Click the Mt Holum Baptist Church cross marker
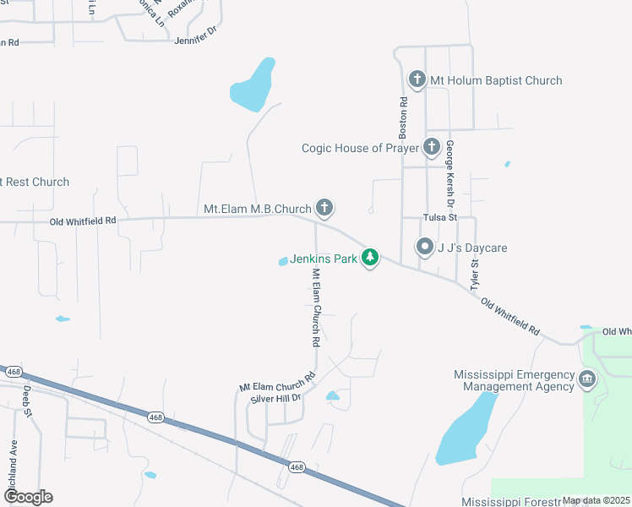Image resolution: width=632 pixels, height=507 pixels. coord(417,80)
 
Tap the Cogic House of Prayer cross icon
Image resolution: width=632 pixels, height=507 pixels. coord(432,148)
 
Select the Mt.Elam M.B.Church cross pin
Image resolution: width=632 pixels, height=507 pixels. coord(324,208)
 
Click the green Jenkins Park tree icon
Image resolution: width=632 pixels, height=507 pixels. coord(369,258)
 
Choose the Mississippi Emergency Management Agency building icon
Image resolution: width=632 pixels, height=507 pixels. coord(587,380)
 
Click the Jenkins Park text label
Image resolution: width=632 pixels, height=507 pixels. coord(324,259)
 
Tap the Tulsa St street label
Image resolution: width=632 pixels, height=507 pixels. coord(440,217)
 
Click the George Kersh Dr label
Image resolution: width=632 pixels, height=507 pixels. coord(450,173)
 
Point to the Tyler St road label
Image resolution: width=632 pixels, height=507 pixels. coord(474,275)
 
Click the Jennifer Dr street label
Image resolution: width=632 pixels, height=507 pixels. coord(196,40)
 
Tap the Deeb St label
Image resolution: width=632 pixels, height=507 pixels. coord(27,401)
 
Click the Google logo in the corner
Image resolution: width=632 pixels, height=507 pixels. coord(27,497)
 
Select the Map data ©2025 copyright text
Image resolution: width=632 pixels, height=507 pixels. coord(595,500)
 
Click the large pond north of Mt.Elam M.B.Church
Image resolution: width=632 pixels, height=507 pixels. coord(253,86)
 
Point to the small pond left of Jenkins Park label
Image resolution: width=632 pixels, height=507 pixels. coord(283,262)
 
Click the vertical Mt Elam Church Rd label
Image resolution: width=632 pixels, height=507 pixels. coord(316,308)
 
